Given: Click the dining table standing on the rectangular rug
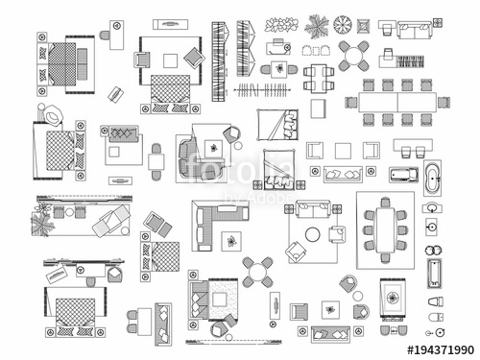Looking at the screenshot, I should [x=385, y=229].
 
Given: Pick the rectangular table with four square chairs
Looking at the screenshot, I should [x=319, y=78].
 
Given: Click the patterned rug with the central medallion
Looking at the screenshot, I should [x=393, y=298].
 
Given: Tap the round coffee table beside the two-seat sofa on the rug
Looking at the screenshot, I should [x=313, y=234].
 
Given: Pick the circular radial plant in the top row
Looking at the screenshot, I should [x=343, y=24].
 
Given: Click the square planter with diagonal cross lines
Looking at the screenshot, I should [x=364, y=26].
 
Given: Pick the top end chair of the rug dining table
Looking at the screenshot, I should [x=385, y=203].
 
